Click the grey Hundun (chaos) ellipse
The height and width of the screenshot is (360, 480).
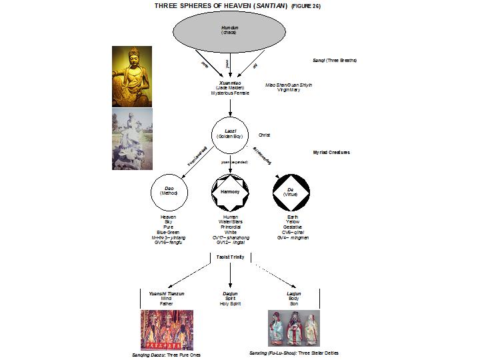[x=229, y=31]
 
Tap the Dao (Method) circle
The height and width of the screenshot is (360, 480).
[x=169, y=191]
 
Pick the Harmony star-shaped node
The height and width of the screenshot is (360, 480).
[x=230, y=192]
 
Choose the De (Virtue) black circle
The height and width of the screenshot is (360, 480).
[x=291, y=192]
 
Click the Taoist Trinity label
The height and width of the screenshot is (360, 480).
[x=230, y=257]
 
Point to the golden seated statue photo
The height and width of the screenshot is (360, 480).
[x=132, y=75]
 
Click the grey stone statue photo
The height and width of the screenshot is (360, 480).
[x=132, y=139]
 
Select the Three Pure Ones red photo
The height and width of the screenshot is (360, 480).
[x=167, y=329]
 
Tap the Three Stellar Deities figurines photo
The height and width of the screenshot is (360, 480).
[x=293, y=327]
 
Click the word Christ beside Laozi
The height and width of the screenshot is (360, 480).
[x=265, y=135]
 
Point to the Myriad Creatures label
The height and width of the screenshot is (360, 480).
[x=331, y=153]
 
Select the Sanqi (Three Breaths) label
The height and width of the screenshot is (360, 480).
[x=335, y=61]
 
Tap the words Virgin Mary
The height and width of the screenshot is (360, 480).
[x=289, y=90]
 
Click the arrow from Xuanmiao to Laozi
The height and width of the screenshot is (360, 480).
[x=230, y=107]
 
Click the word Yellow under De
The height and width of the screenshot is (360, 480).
[x=291, y=222]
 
